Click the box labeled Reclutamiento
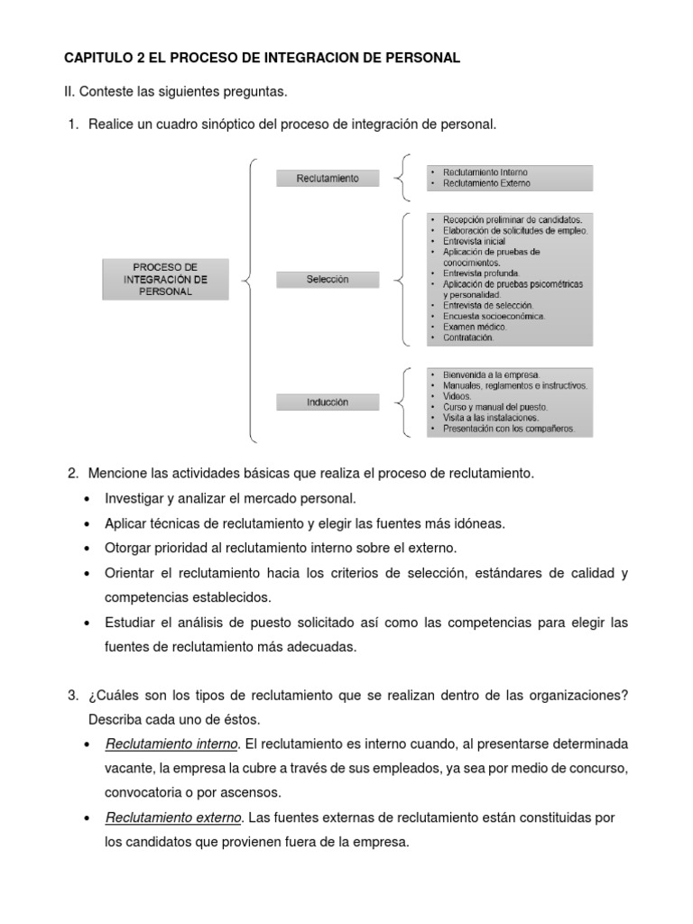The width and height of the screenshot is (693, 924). click(x=328, y=179)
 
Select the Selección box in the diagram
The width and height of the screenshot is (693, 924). click(x=328, y=280)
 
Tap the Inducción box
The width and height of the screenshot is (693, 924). click(x=328, y=402)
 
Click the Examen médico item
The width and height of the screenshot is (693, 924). click(x=475, y=327)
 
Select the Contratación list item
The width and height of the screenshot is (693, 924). click(x=468, y=337)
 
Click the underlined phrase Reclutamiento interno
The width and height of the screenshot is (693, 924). click(x=171, y=744)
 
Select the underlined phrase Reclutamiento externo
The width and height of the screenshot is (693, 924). click(x=173, y=818)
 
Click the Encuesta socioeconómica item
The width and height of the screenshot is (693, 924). click(x=494, y=316)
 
